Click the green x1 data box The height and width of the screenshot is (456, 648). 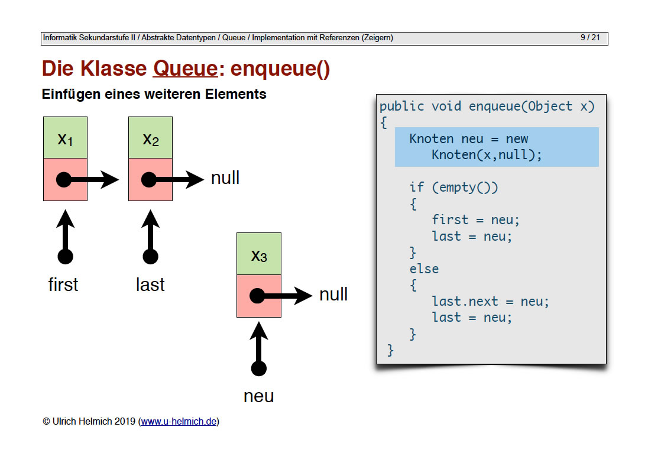pos(65,138)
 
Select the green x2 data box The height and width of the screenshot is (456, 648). pos(150,138)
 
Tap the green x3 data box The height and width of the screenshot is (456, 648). pos(258,254)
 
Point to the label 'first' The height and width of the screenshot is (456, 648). pos(63,284)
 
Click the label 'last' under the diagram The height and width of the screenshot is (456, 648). pos(150,284)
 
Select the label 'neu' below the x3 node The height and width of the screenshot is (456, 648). pos(258,396)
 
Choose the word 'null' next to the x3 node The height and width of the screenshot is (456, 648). pos(333,295)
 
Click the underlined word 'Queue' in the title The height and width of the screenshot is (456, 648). pos(185,69)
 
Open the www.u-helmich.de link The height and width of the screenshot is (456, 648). pos(179,422)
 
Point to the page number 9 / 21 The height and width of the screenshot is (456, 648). pos(589,38)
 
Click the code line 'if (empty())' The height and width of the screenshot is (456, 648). pos(453,187)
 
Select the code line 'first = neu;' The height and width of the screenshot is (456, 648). pos(475,219)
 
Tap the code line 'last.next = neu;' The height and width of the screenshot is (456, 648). pos(490,301)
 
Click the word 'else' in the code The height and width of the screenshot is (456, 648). pos(424,269)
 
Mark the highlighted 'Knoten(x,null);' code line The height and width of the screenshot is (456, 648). pos(487,155)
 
